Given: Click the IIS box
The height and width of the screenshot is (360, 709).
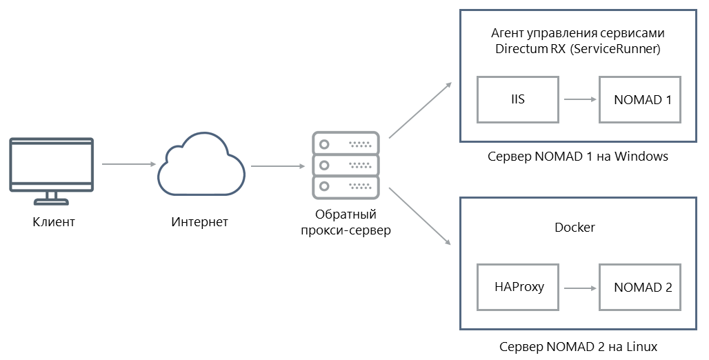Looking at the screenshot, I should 518,99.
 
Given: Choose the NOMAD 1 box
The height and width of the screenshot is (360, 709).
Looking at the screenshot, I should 642,99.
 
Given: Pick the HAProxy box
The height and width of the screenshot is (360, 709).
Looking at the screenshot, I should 519,287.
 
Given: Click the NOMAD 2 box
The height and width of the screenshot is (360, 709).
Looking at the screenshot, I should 642,287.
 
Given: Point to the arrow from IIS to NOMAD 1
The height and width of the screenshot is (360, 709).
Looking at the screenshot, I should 579,99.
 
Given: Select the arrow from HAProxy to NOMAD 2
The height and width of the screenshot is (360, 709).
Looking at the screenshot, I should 579,287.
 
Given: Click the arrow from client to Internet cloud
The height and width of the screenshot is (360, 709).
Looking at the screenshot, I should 128,165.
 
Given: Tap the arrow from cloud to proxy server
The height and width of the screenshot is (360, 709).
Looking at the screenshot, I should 278,166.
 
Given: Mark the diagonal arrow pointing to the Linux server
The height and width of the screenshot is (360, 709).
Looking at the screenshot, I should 420,216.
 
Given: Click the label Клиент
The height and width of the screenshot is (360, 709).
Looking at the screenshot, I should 53,222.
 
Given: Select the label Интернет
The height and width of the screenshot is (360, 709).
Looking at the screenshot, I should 199,222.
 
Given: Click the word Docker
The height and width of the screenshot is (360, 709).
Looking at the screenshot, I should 575,227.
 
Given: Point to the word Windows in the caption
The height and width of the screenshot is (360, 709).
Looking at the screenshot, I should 641,157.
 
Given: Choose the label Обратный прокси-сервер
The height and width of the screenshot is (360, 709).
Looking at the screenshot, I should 346,222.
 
